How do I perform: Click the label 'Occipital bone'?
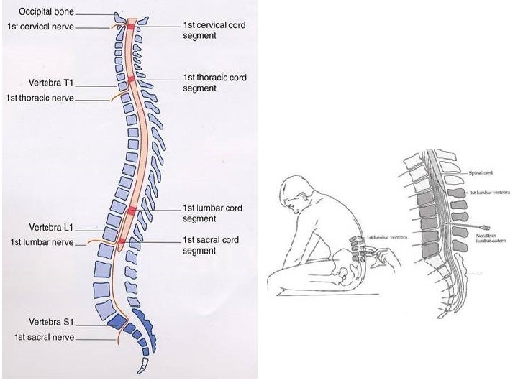[45, 11]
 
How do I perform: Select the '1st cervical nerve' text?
[40, 27]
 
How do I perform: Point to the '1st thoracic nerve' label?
[40, 97]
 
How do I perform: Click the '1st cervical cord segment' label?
[214, 29]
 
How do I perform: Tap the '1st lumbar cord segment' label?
[213, 213]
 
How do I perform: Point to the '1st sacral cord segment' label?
[210, 245]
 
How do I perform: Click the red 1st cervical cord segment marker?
[131, 27]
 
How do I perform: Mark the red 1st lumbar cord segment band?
[131, 211]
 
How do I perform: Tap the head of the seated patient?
[296, 193]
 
